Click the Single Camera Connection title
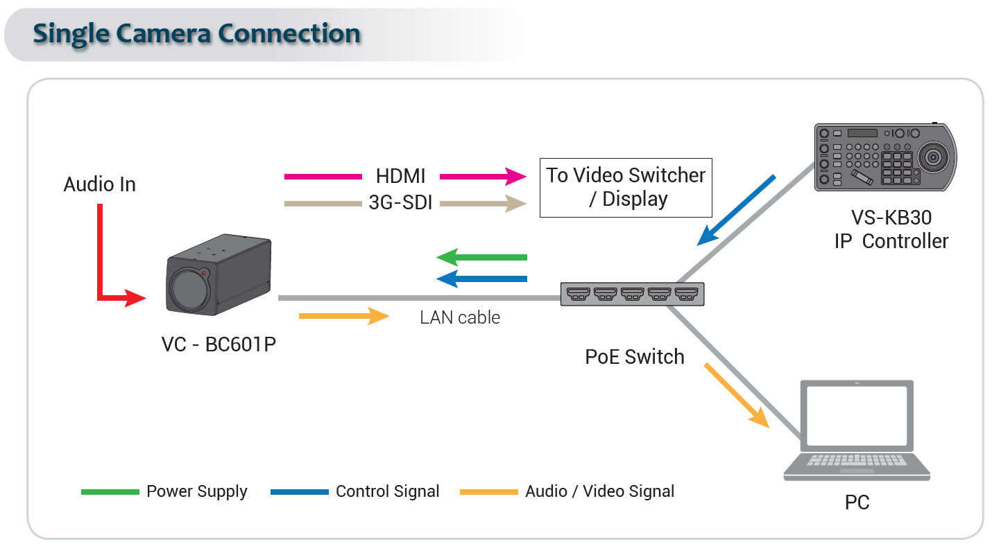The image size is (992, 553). click(x=196, y=33)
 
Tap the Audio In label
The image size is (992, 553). click(x=99, y=184)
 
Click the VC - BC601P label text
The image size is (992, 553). click(x=219, y=344)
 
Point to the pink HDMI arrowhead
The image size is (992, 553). click(x=515, y=177)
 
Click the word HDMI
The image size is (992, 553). click(x=400, y=176)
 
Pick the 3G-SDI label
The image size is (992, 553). click(x=400, y=204)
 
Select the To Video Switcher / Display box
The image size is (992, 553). click(x=626, y=187)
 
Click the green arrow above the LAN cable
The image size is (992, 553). click(x=481, y=257)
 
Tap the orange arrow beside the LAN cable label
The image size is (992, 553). click(x=343, y=316)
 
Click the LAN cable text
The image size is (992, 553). click(x=460, y=317)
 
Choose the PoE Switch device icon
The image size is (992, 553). click(x=632, y=294)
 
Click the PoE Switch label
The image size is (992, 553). click(x=635, y=357)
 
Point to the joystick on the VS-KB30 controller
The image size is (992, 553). click(x=934, y=158)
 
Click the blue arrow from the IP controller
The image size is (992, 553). click(x=736, y=210)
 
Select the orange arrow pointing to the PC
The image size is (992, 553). click(x=737, y=394)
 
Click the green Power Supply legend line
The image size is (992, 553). click(x=110, y=492)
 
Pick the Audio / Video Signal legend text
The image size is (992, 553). click(x=599, y=491)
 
